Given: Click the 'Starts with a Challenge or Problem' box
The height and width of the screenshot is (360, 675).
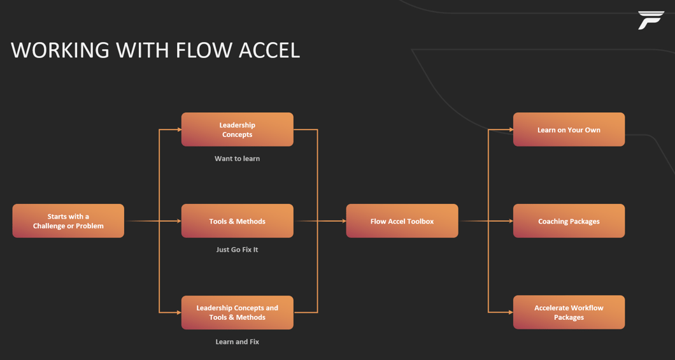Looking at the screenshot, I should [68, 221].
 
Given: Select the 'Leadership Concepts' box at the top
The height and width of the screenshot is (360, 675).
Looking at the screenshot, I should [237, 129].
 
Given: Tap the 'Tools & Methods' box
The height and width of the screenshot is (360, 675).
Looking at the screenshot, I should [237, 221].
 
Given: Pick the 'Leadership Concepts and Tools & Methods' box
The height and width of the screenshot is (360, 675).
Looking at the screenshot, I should [237, 312].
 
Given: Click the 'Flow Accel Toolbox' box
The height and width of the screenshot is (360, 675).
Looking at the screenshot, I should [402, 221].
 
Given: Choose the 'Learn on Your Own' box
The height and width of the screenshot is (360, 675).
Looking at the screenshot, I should [569, 129].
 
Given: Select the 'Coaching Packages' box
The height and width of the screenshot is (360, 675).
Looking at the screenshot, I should [569, 221].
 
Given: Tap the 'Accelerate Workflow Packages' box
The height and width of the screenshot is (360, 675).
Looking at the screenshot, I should [569, 312].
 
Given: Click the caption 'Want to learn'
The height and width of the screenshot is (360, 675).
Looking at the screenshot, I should [237, 159].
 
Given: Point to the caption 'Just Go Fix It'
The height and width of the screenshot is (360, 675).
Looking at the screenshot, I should [237, 250].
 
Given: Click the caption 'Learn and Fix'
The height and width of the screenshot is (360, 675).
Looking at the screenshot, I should [237, 342].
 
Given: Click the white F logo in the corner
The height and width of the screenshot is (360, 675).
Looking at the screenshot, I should [650, 20].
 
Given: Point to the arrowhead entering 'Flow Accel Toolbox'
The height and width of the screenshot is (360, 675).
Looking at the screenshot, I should [343, 221].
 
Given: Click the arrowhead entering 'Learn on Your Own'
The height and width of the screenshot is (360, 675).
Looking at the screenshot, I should [510, 129].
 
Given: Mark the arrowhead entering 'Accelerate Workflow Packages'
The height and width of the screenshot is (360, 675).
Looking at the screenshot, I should [510, 312].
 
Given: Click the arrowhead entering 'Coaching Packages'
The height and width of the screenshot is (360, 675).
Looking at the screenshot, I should [510, 221].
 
